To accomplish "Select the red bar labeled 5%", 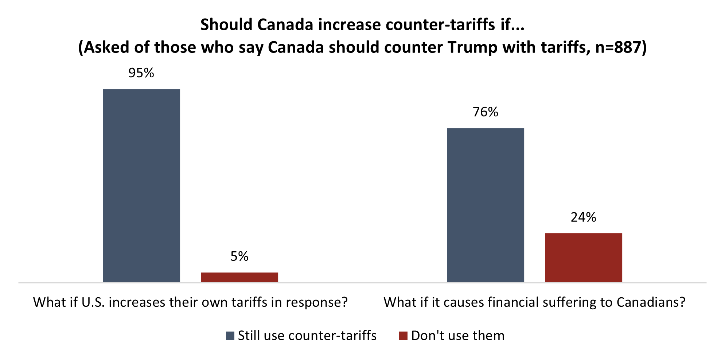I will (239, 277).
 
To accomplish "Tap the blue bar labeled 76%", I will (486, 205).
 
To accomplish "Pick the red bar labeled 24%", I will (583, 258).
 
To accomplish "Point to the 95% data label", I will (141, 73).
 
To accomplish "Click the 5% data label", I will (239, 256).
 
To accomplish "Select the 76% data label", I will (486, 112).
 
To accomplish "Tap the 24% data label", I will (583, 217).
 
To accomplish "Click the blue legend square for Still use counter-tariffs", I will (230, 336).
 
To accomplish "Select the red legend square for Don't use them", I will (403, 336).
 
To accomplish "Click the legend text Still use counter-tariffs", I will (307, 336).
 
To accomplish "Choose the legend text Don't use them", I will (458, 336).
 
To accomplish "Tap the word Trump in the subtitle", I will (472, 47).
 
